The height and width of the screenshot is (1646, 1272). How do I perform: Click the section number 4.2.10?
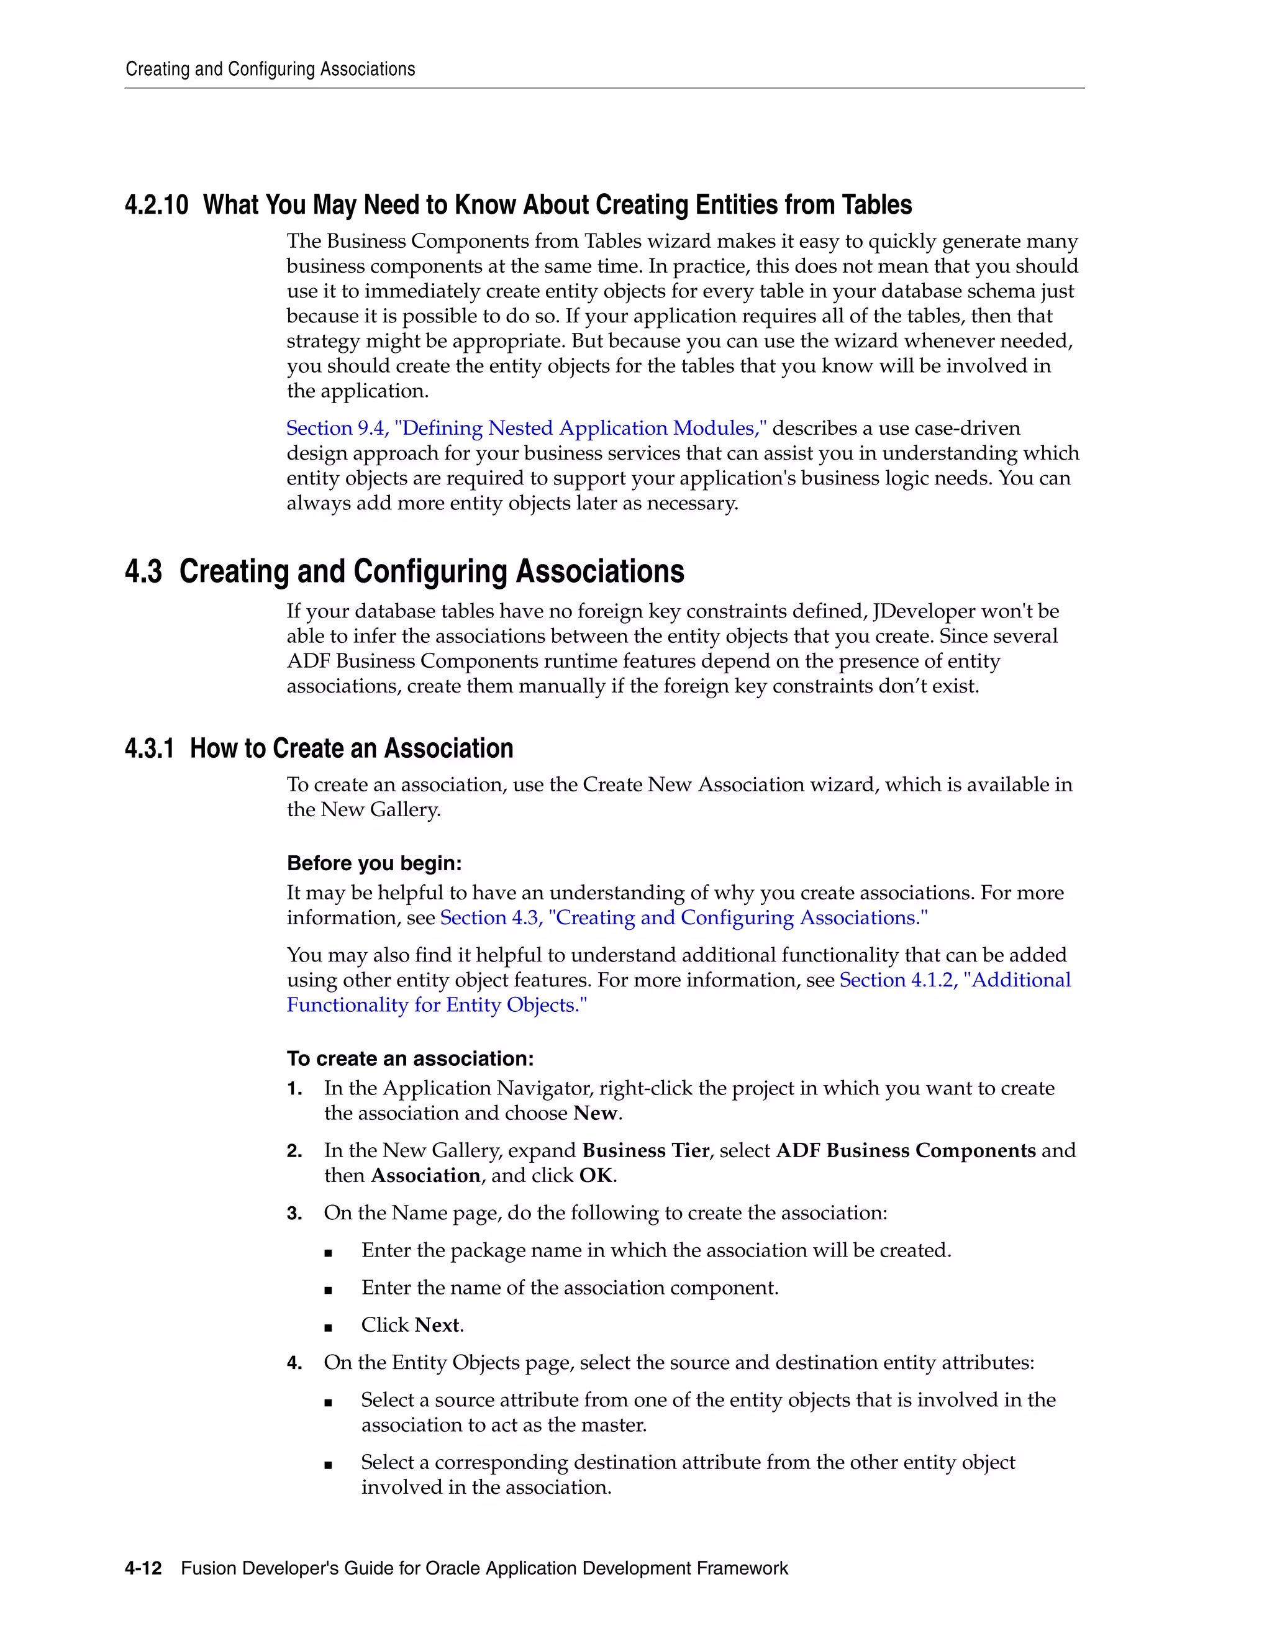pyautogui.click(x=156, y=205)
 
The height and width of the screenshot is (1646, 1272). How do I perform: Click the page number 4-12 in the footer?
pyautogui.click(x=143, y=1568)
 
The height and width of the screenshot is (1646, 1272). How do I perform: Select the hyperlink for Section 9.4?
pyautogui.click(x=526, y=428)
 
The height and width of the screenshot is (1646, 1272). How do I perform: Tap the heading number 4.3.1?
pyautogui.click(x=149, y=748)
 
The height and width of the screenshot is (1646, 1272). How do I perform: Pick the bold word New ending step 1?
pyautogui.click(x=595, y=1113)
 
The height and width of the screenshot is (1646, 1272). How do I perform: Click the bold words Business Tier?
pyautogui.click(x=645, y=1151)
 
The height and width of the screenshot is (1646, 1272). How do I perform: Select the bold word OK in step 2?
pyautogui.click(x=595, y=1176)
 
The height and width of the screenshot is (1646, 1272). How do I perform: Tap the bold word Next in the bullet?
pyautogui.click(x=437, y=1325)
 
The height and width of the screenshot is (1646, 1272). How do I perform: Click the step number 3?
pyautogui.click(x=294, y=1214)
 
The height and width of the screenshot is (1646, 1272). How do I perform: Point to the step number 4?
pyautogui.click(x=294, y=1363)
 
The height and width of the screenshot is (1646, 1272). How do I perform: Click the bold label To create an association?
pyautogui.click(x=410, y=1059)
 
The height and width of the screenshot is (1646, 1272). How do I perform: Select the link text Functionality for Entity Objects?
pyautogui.click(x=435, y=1006)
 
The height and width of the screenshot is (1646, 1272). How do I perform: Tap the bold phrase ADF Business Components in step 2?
pyautogui.click(x=906, y=1151)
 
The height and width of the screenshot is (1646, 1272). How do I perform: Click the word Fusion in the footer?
pyautogui.click(x=206, y=1568)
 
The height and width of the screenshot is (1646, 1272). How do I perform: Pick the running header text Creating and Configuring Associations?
pyautogui.click(x=270, y=70)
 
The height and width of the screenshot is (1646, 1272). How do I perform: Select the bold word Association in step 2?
pyautogui.click(x=425, y=1176)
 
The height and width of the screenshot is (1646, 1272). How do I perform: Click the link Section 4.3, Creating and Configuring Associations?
pyautogui.click(x=683, y=918)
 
